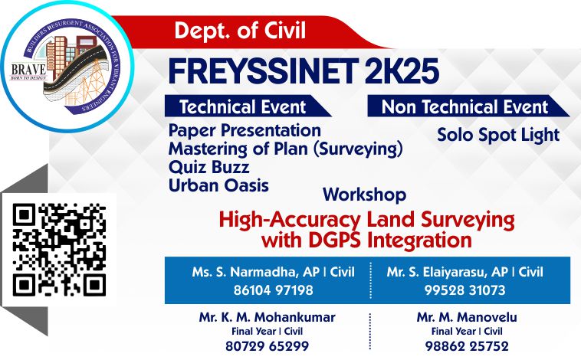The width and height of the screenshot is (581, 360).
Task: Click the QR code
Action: click(x=59, y=249)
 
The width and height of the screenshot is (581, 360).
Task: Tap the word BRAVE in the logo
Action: click(x=29, y=69)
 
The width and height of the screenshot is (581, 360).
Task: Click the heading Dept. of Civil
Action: click(x=240, y=31)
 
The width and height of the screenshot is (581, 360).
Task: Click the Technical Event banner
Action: click(x=248, y=106)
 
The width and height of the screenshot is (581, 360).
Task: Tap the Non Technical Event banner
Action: click(x=468, y=106)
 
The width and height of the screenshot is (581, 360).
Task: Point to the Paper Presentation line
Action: click(x=245, y=130)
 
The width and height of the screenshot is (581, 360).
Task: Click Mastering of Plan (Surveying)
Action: click(x=285, y=149)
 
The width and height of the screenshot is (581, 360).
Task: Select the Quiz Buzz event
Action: click(x=208, y=167)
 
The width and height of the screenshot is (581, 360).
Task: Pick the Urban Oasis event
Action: click(x=218, y=185)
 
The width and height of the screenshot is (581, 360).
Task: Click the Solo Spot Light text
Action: click(x=498, y=135)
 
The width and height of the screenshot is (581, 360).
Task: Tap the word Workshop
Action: click(x=365, y=195)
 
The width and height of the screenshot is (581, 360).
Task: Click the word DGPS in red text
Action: click(x=335, y=240)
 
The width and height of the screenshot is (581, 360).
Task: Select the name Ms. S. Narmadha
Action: click(x=245, y=272)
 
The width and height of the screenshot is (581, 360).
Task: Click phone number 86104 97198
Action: click(x=273, y=290)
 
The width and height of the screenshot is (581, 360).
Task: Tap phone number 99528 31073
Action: click(x=464, y=290)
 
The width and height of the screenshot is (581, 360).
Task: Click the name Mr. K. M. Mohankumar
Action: click(x=268, y=317)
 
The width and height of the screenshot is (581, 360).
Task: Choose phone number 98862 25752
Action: click(x=467, y=346)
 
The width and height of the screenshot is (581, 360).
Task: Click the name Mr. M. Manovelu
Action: click(x=467, y=317)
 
